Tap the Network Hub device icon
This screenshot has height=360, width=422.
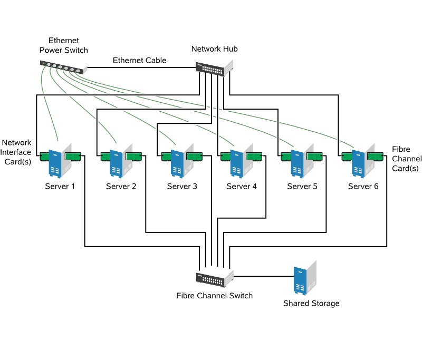pos(214,68)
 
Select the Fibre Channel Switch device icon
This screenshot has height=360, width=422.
pos(214,278)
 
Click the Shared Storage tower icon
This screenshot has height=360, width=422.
pos(303,279)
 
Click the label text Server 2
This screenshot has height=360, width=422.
pos(121,187)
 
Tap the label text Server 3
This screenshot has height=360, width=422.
pos(182,187)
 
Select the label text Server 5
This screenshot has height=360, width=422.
pos(302,187)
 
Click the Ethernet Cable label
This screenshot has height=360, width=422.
pos(139,61)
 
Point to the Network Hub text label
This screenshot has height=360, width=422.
pos(214,49)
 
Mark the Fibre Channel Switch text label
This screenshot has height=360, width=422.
pos(214,296)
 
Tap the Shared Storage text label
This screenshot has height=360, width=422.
pos(311,304)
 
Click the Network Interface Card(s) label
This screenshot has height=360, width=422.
pos(17,152)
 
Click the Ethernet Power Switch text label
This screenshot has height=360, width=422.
pos(63,45)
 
